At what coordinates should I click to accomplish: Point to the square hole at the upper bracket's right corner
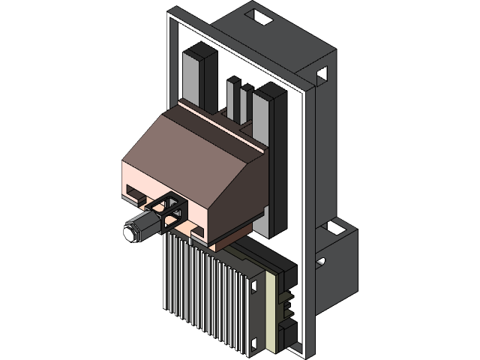pos(322,74)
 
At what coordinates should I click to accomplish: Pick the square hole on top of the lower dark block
pos(329,226)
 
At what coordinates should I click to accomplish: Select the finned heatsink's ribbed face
pos(202,292)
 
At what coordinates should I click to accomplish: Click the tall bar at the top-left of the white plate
pos(196,75)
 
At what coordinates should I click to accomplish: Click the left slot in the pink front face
pos(135,193)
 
